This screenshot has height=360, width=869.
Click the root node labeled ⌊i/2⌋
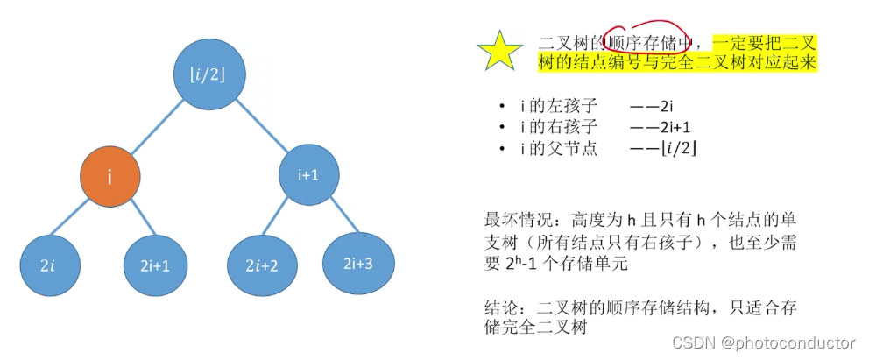click(x=207, y=74)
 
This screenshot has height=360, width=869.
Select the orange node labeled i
click(x=110, y=177)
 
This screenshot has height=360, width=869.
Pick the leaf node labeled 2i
click(x=48, y=264)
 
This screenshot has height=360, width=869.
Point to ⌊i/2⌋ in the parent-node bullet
click(x=679, y=149)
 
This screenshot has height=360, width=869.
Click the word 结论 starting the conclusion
click(x=499, y=307)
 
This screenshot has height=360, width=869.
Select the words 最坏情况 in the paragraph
click(x=515, y=217)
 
